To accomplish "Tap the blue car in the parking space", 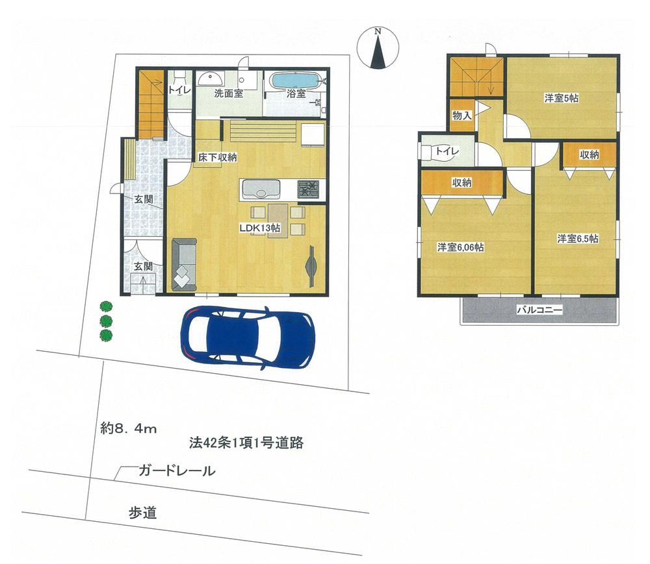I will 248,335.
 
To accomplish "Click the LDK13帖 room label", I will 259,228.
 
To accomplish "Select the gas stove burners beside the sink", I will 309,190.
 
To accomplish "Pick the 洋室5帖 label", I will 562,99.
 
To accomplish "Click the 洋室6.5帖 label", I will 577,239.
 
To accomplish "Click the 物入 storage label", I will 461,116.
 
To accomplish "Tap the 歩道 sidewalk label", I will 142,513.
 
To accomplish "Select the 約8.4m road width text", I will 129,429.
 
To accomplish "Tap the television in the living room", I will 310,266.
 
